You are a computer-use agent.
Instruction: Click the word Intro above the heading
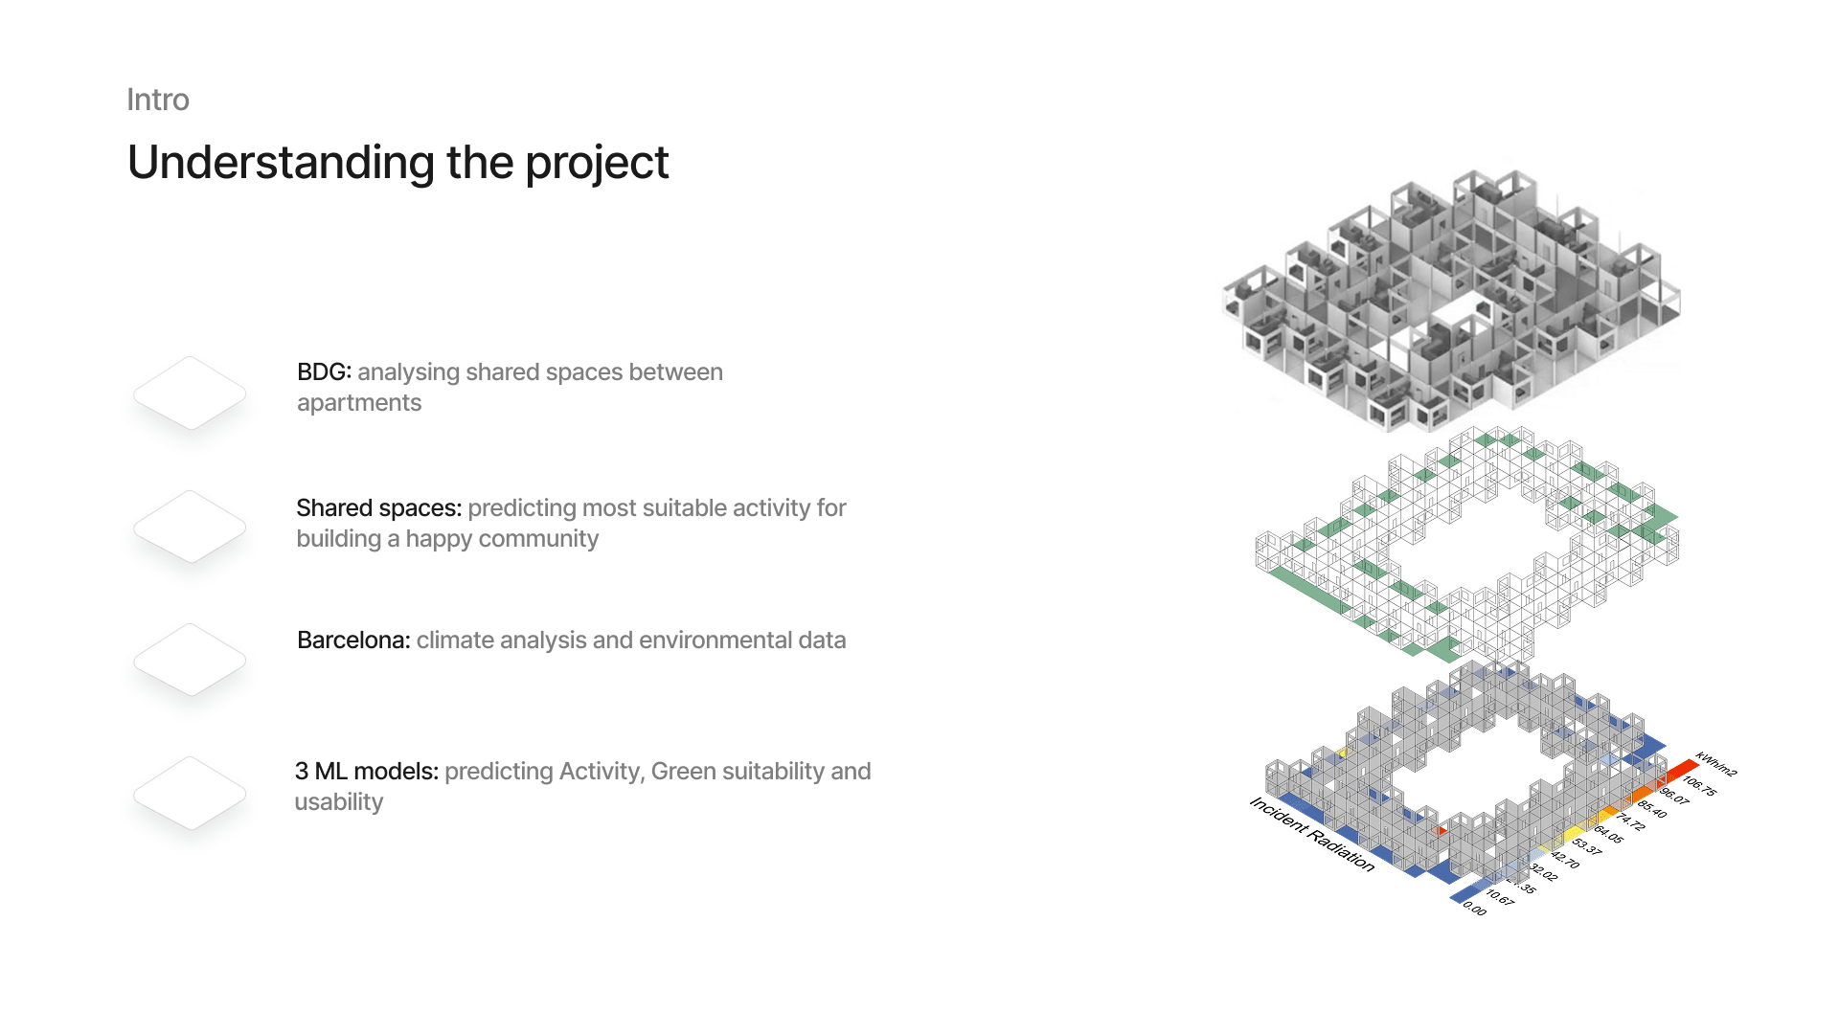point(158,100)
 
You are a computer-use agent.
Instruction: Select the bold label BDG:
point(324,371)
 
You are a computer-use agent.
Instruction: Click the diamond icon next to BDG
point(190,393)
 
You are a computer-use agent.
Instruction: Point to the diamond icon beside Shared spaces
point(190,527)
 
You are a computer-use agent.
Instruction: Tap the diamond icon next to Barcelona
point(190,660)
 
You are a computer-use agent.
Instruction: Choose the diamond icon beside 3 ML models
point(190,793)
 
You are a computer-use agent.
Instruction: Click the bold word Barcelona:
point(353,640)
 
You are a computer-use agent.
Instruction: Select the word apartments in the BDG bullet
point(359,403)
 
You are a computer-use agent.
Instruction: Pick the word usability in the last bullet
point(339,802)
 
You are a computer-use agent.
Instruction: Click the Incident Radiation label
point(1311,834)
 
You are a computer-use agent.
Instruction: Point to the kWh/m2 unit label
point(1715,763)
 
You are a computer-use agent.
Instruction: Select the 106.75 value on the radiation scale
point(1699,785)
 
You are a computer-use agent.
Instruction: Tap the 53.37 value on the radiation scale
point(1587,846)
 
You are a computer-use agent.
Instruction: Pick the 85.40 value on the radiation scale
point(1651,809)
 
